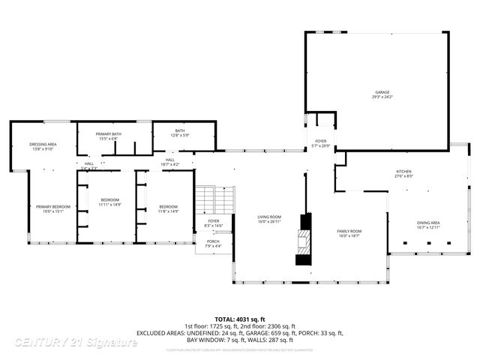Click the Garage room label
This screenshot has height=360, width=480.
point(382,92)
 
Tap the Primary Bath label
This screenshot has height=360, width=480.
point(108,133)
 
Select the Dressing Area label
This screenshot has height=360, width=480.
point(43,144)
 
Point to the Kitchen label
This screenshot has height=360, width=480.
point(404,172)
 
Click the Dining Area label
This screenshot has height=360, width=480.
point(428,223)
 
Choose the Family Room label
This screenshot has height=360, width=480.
point(349,231)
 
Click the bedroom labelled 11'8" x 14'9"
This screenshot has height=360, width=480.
point(168,207)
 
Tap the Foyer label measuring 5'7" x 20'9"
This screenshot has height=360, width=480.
point(320,141)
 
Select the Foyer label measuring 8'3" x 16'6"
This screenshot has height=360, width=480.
point(213,221)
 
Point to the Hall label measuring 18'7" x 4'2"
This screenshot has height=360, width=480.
point(170,160)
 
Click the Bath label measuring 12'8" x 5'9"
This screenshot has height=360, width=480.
point(180,130)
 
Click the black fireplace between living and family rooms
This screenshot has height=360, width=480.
point(304,239)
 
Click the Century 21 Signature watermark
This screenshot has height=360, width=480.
point(75,342)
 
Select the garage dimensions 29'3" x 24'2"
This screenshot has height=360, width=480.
point(382,97)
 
